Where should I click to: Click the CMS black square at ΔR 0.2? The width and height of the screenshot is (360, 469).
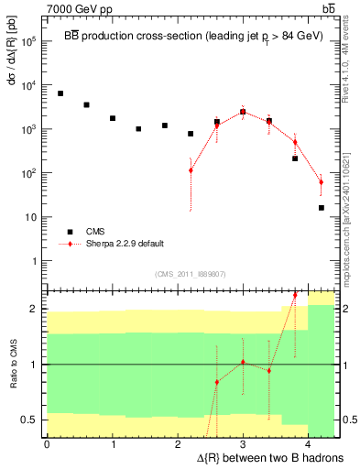click(x=60, y=93)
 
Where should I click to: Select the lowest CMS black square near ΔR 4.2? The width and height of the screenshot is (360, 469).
click(x=322, y=208)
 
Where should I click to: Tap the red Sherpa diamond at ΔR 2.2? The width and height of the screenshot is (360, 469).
click(x=191, y=170)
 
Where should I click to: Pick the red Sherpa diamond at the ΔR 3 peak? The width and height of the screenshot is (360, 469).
click(x=243, y=112)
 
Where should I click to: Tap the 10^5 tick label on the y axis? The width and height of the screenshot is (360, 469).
click(x=28, y=41)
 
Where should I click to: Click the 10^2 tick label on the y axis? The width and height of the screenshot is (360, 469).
click(x=28, y=173)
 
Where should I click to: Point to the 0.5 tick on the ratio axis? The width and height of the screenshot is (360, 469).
click(x=29, y=420)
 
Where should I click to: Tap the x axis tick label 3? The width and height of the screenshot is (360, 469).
click(x=243, y=444)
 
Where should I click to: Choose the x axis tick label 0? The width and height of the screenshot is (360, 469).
click(x=47, y=444)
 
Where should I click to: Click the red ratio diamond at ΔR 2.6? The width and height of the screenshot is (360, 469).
click(x=217, y=382)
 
